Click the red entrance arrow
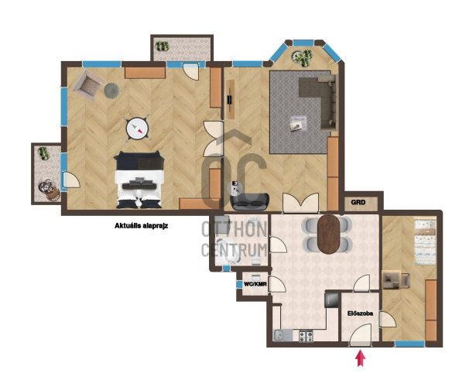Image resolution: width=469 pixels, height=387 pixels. pyautogui.click(x=361, y=358)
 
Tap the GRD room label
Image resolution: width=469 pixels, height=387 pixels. pyautogui.click(x=358, y=203)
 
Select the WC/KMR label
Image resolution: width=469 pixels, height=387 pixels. pyautogui.click(x=255, y=284)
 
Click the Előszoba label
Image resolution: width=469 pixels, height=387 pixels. pyautogui.click(x=360, y=313)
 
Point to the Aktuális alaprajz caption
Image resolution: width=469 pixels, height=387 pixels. pyautogui.click(x=141, y=226)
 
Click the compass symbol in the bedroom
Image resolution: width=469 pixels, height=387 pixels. pyautogui.click(x=137, y=128)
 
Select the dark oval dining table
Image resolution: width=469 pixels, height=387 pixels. pyautogui.click(x=329, y=235)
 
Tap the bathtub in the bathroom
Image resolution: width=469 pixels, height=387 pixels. pyautogui.click(x=228, y=252)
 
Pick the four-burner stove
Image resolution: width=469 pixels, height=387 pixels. pyautogui.click(x=306, y=336)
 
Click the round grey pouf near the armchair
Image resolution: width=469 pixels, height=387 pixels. pyautogui.click(x=112, y=90)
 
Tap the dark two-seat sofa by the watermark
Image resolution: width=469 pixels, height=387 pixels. pyautogui.click(x=250, y=201)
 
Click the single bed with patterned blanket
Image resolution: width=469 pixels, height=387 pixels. pyautogui.click(x=425, y=242)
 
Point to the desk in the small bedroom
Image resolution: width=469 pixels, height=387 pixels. pyautogui.click(x=392, y=279)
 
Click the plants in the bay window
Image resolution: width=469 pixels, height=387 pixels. pyautogui.click(x=302, y=57)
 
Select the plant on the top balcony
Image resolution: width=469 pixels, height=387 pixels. pyautogui.click(x=163, y=46)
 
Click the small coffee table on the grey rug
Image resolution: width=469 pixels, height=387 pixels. pyautogui.click(x=298, y=123)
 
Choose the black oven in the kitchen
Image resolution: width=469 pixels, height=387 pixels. pyautogui.click(x=332, y=300)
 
